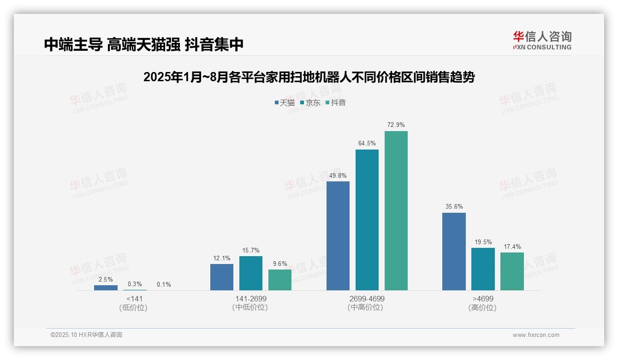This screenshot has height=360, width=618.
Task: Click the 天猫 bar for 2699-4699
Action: click(338, 236)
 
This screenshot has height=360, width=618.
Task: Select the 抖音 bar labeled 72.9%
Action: click(396, 210)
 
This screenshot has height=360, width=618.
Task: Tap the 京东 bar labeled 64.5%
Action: click(367, 220)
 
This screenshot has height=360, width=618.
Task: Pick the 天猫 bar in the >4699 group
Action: click(454, 252)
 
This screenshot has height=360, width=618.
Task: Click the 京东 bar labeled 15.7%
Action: click(251, 273)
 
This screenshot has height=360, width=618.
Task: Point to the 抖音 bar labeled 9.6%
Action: click(280, 280)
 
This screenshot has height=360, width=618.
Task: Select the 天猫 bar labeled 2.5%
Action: click(106, 288)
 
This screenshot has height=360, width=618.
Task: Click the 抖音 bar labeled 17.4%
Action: click(512, 271)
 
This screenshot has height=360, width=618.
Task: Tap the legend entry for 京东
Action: click(310, 102)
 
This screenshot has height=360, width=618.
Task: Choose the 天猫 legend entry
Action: click(285, 102)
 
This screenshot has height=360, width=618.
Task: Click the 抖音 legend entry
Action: click(336, 102)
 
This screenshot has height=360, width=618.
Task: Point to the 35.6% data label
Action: click(454, 206)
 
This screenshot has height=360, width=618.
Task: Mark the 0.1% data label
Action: click(164, 284)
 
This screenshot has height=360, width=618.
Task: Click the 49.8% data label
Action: click(338, 175)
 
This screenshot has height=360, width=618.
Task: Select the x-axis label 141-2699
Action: click(250, 299)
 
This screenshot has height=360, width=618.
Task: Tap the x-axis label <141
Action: click(134, 299)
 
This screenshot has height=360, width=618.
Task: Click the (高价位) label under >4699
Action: click(482, 307)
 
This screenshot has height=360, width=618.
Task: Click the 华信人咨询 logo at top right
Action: click(542, 40)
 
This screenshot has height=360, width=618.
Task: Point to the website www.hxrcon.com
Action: click(536, 335)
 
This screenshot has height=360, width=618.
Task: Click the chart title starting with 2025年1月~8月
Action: click(309, 77)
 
